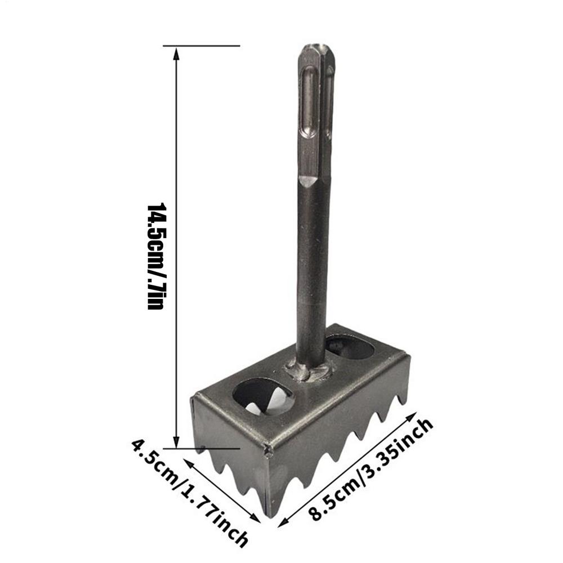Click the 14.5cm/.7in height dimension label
(x=155, y=256)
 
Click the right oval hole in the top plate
(x=350, y=347)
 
